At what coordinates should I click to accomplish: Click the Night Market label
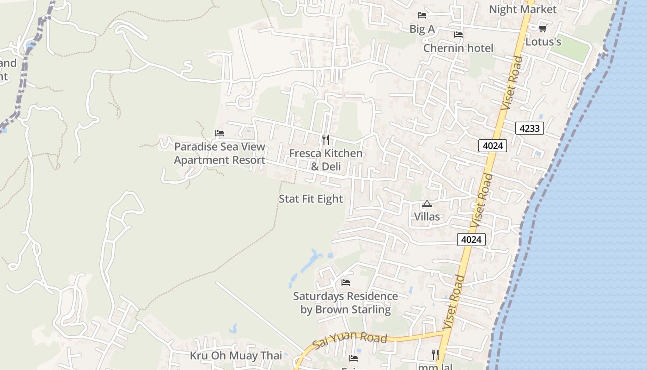pyautogui.click(x=523, y=9)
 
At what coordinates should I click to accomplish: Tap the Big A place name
pyautogui.click(x=422, y=29)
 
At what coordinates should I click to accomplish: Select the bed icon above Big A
pyautogui.click(x=421, y=15)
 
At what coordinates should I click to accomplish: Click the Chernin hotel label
pyautogui.click(x=458, y=48)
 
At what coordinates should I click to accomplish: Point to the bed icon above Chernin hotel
pyautogui.click(x=458, y=35)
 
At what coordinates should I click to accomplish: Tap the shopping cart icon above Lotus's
pyautogui.click(x=543, y=28)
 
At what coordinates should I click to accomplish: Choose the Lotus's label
pyautogui.click(x=543, y=42)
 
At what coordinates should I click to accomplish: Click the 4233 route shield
pyautogui.click(x=529, y=128)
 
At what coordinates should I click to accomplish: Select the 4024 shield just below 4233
pyautogui.click(x=493, y=146)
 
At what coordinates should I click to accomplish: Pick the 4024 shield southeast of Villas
pyautogui.click(x=471, y=240)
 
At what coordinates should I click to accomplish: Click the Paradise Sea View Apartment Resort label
pyautogui.click(x=220, y=154)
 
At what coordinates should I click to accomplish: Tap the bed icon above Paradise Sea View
pyautogui.click(x=220, y=133)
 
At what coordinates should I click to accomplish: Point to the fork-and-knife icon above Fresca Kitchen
pyautogui.click(x=326, y=139)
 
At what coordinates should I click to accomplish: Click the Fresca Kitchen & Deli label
pyautogui.click(x=326, y=160)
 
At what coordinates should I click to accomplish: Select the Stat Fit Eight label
pyautogui.click(x=311, y=199)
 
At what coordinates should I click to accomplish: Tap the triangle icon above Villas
pyautogui.click(x=427, y=204)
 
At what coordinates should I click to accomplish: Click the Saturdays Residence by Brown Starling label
pyautogui.click(x=345, y=302)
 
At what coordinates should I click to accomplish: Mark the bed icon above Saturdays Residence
pyautogui.click(x=345, y=283)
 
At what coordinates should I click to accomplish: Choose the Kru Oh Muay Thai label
pyautogui.click(x=236, y=356)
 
